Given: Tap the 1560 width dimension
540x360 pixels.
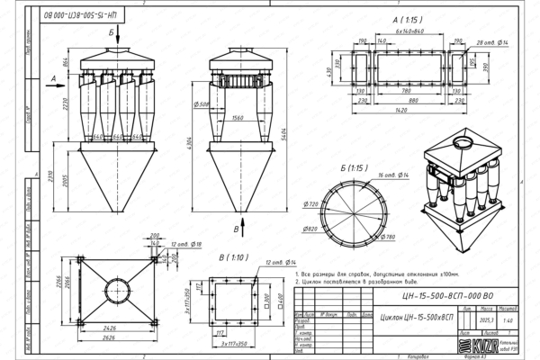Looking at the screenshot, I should pyautogui.click(x=238, y=118).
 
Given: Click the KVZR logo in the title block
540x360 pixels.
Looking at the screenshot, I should pyautogui.click(x=473, y=345).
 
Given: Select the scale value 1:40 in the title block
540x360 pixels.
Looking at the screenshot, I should pyautogui.click(x=508, y=320).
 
